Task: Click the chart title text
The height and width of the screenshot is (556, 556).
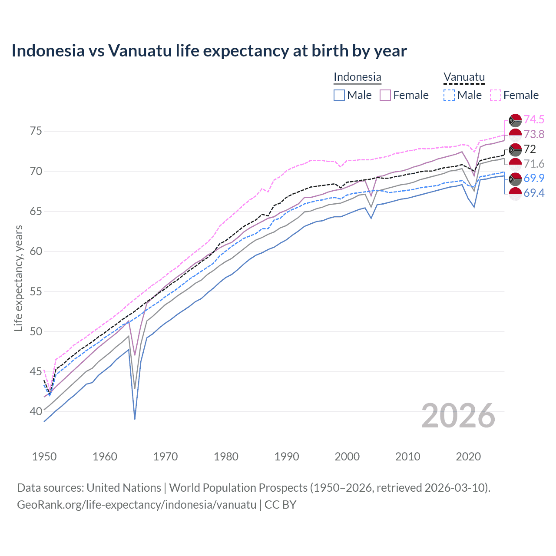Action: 209,51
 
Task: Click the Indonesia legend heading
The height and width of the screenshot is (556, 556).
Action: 357,77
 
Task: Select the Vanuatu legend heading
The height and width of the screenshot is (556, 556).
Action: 464,77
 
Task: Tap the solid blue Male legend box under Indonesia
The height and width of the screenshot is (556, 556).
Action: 339,95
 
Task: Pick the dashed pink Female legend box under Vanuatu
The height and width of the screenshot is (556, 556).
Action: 496,95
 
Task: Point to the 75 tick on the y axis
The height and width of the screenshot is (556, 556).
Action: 36,131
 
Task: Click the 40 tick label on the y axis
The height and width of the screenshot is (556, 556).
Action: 36,411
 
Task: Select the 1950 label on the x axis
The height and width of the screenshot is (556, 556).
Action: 44,457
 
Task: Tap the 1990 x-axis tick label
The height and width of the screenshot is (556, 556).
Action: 287,457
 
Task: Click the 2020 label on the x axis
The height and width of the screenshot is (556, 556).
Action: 468,457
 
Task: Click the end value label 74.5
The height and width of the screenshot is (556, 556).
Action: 534,120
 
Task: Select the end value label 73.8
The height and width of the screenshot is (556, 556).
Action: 534,135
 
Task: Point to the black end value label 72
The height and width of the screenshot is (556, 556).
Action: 530,149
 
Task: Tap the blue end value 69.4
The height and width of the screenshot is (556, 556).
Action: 534,193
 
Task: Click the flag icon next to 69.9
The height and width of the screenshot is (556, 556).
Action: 515,179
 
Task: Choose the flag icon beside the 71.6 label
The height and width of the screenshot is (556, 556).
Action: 515,164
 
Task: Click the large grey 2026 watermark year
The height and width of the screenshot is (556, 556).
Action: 458,416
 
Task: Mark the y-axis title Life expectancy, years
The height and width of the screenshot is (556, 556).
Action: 19,278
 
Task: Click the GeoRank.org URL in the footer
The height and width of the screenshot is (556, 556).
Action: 137,505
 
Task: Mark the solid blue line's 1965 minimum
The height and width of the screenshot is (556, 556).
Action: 135,419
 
